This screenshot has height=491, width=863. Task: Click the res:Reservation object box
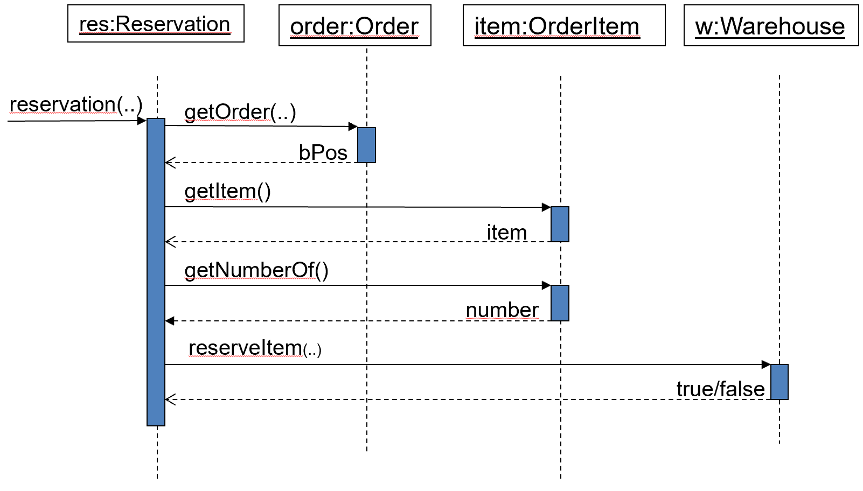click(156, 24)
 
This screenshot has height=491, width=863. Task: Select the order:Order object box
click(355, 25)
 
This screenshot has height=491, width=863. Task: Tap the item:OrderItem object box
click(564, 25)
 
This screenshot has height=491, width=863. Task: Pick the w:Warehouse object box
click(771, 25)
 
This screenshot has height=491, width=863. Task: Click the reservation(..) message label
click(76, 104)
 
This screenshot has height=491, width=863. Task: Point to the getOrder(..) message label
click(240, 113)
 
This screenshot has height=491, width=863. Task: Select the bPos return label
click(323, 152)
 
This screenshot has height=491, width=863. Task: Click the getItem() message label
click(227, 192)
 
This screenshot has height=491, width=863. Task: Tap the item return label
click(506, 232)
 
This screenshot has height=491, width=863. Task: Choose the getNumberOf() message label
click(256, 270)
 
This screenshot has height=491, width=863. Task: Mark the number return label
click(502, 310)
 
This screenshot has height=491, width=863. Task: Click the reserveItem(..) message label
click(255, 348)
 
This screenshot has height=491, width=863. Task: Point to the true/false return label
click(720, 389)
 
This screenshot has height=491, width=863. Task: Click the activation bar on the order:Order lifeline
click(366, 145)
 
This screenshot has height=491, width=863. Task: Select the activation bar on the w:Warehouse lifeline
click(780, 382)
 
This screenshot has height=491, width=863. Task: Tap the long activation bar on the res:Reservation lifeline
click(156, 272)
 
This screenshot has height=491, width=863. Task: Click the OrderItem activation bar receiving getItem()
click(560, 224)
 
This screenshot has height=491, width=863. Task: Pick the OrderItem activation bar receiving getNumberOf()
click(560, 303)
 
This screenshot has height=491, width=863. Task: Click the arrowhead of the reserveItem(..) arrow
click(766, 364)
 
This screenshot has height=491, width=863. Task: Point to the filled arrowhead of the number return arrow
click(170, 321)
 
